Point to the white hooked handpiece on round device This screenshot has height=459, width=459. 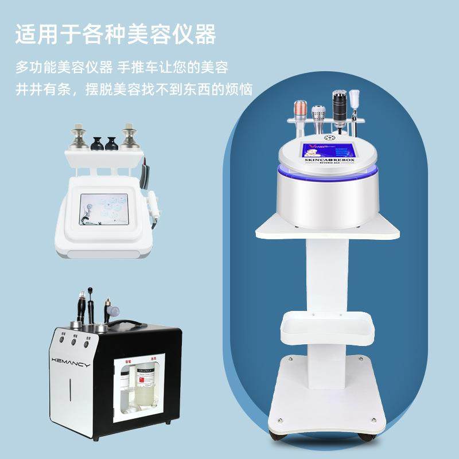[355, 101]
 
